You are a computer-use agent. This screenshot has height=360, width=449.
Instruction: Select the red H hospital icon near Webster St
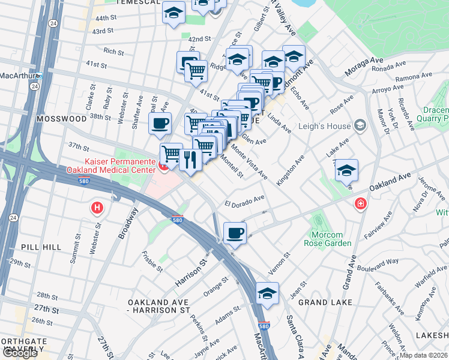(x=96, y=208)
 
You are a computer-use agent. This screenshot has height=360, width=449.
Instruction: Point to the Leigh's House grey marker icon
(x=360, y=125)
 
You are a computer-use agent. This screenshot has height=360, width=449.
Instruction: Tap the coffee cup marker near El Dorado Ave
(x=235, y=232)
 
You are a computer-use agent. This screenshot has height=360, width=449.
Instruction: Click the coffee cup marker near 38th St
(x=160, y=124)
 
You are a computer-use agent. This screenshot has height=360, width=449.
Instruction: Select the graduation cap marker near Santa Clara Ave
(x=267, y=293)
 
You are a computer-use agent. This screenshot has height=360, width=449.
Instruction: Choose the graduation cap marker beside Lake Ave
(x=346, y=171)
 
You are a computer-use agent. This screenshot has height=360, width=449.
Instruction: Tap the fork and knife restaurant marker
(x=190, y=160)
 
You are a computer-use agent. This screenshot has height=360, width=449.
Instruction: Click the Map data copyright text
(x=424, y=355)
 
